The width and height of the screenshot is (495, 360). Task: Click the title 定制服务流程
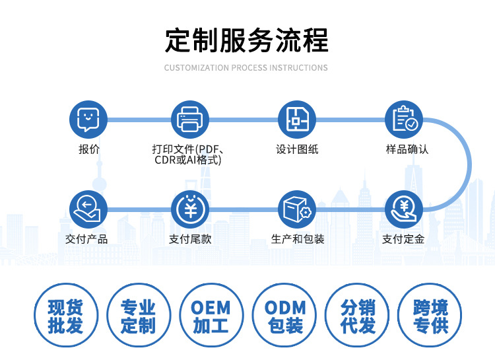246,40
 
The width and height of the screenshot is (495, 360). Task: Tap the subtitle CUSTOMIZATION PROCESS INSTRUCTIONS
246,68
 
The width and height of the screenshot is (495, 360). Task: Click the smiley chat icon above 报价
88,120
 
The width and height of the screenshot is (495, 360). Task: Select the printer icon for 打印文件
190,120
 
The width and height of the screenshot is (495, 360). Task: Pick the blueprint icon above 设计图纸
296,120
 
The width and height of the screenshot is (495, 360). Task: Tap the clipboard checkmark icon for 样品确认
404,120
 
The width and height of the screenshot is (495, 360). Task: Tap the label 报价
89,149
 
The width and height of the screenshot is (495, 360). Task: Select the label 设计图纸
297,149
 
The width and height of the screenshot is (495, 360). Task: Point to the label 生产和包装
298,239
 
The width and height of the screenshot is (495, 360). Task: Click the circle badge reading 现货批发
66,316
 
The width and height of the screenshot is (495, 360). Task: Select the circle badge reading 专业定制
139,316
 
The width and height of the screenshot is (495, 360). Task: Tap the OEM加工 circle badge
211,316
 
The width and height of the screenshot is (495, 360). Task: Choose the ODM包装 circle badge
285,316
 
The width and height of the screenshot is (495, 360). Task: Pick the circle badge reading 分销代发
358,316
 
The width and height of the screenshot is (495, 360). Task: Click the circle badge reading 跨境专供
430,316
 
